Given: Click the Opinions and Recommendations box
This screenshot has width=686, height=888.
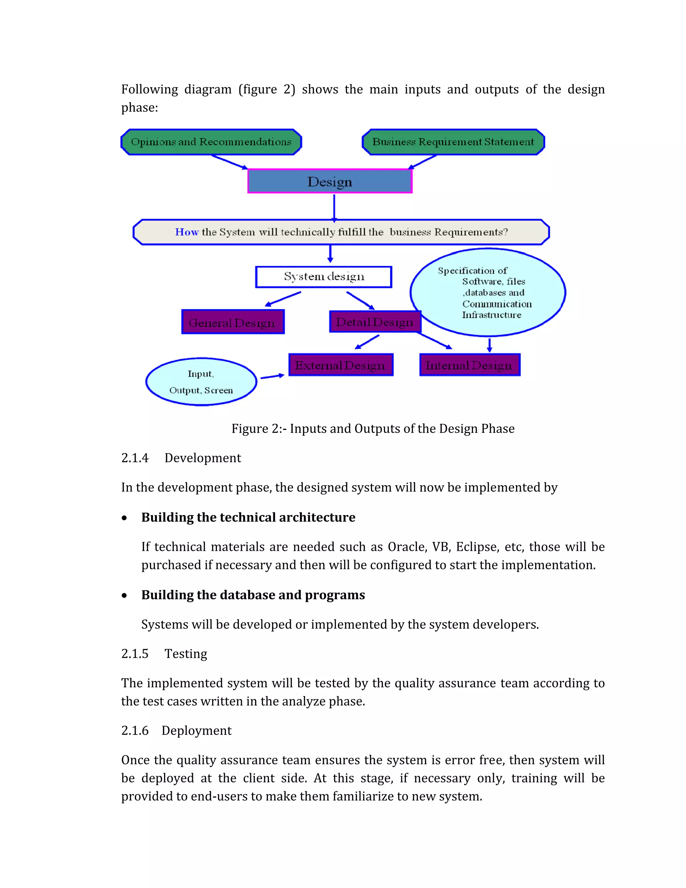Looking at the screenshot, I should (x=211, y=142).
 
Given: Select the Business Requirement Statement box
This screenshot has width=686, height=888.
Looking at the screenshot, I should (x=453, y=142).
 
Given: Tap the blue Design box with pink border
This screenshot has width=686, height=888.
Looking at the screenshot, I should (x=330, y=181).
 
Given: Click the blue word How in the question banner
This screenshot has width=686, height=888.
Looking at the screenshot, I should (x=187, y=232).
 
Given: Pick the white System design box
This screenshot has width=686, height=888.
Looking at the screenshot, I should (x=324, y=277).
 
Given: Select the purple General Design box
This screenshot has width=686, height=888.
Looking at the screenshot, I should (x=232, y=322).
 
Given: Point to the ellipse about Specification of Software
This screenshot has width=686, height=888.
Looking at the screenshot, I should (x=488, y=292).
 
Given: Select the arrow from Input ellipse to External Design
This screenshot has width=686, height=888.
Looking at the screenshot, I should (x=272, y=377).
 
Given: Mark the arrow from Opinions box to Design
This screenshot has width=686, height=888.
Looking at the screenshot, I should (x=229, y=162).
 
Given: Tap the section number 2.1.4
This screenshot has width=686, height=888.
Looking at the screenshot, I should (x=135, y=458).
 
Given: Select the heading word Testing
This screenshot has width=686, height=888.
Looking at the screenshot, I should (x=186, y=654).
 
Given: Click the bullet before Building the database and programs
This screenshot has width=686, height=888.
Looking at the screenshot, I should (x=124, y=596).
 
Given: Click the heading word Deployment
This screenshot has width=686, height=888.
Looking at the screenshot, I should (x=196, y=731).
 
